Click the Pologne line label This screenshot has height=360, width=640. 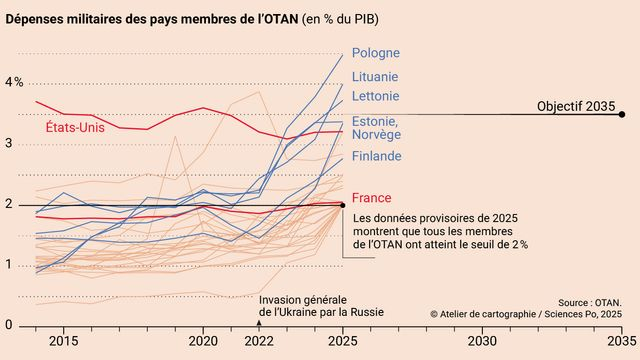378,53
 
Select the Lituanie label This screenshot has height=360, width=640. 376,76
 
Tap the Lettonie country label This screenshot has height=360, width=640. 377,98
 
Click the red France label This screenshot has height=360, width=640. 371,198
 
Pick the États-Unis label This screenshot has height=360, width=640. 79,127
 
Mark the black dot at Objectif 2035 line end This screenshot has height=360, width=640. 622,114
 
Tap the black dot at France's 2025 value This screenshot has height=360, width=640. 343,205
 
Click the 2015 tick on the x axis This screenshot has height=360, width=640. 63,341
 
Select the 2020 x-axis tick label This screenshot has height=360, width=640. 204,341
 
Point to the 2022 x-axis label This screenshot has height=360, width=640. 260,341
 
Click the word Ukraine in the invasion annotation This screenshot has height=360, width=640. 297,311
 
